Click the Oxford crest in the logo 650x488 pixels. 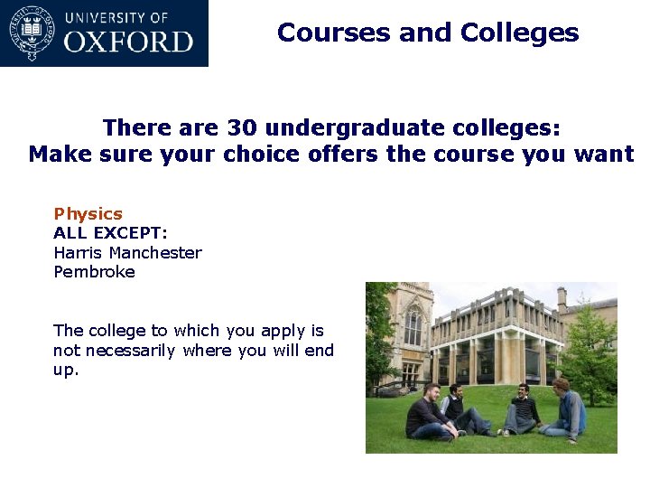pos(32,33)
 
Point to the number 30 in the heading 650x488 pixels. pos(242,127)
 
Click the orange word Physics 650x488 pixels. pos(88,214)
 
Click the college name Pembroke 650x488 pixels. pos(94,272)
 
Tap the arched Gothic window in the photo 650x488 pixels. pos(413,325)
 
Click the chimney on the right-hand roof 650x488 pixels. pos(562,298)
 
